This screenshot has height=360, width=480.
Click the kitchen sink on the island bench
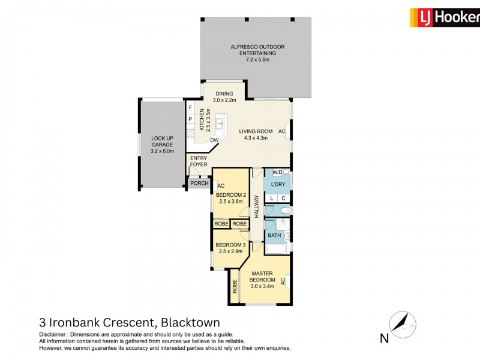click(220, 124)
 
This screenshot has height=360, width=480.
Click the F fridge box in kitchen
click(190, 108)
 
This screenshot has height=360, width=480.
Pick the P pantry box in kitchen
click(190, 119)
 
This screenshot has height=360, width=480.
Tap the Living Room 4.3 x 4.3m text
click(256, 134)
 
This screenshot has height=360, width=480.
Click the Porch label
click(199, 184)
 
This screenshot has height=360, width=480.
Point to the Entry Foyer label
click(199, 161)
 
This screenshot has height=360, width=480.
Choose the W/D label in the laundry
click(277, 173)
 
